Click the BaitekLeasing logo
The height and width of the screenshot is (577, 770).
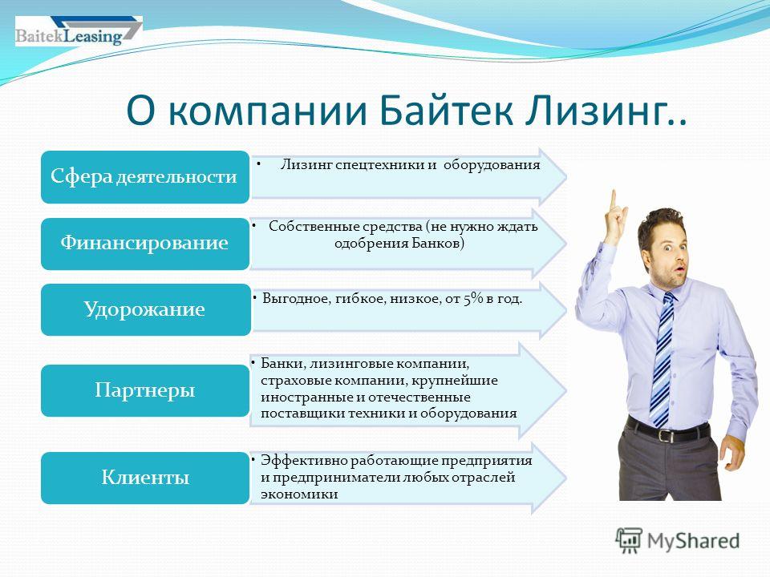(79, 31)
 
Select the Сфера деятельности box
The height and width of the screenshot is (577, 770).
(145, 176)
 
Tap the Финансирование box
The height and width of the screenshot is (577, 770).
(145, 244)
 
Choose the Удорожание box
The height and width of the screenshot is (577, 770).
(145, 309)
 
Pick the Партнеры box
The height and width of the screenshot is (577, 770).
(145, 390)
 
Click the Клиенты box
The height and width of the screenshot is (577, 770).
(145, 478)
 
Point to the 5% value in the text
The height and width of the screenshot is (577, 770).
(473, 298)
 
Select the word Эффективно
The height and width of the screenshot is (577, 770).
(304, 460)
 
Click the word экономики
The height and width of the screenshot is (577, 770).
(299, 494)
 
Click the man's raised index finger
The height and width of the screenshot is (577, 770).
(614, 202)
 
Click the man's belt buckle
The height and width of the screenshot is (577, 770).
(666, 435)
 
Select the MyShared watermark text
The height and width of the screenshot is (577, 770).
(693, 541)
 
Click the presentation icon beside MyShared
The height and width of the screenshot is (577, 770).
(629, 540)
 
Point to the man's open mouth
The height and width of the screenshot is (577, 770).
(680, 269)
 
